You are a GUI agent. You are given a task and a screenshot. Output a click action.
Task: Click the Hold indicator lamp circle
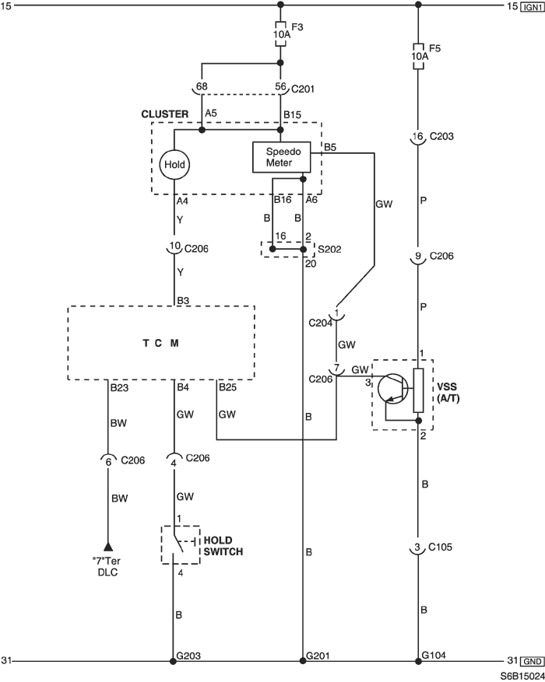coord(174,164)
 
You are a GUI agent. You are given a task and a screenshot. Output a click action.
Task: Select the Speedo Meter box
coord(282,157)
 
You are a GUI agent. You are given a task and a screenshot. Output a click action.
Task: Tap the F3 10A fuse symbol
coord(281,33)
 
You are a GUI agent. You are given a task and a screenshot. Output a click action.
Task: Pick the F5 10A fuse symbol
coord(418,56)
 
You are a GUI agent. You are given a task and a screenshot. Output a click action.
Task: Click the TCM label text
coord(160,343)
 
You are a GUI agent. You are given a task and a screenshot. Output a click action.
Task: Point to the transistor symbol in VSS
coord(392,389)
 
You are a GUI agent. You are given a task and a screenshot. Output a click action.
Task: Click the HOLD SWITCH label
coord(223,546)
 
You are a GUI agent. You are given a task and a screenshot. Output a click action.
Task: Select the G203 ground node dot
coord(173,661)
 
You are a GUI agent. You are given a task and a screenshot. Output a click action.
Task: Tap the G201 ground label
coord(318,656)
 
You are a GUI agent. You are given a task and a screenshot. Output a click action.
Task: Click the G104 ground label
coord(434,655)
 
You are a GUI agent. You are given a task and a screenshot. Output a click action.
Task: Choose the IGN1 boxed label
coord(532,7)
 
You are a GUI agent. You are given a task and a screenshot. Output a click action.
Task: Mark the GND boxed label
coord(532,661)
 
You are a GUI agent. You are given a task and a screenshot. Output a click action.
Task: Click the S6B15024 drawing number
coord(522,676)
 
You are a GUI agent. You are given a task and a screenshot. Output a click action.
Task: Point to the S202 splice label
coord(329,249)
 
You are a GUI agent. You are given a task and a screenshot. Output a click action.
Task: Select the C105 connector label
coord(440,547)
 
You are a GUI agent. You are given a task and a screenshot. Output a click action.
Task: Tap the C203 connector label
coord(441,136)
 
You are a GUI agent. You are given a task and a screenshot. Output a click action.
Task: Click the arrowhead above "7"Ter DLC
coord(108,547)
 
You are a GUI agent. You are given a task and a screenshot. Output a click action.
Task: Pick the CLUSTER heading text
coord(165,114)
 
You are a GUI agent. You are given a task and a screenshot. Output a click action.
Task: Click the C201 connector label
coord(303,89)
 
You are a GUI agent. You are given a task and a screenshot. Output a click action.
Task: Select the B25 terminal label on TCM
coord(227,386)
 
